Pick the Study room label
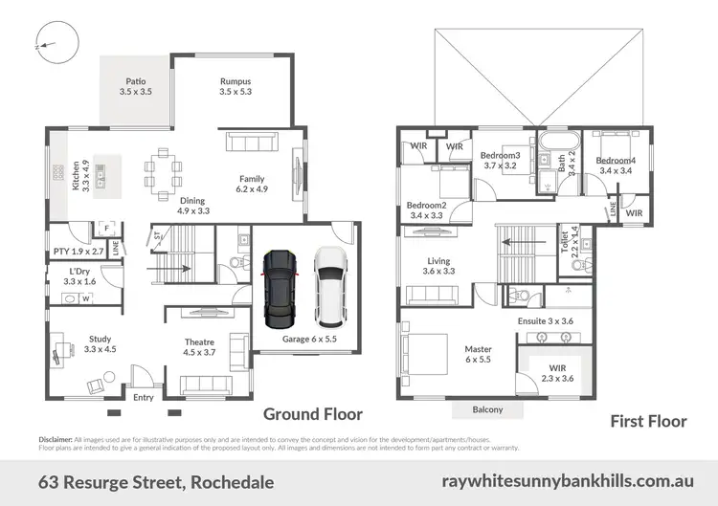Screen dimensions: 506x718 pyautogui.click(x=100, y=343)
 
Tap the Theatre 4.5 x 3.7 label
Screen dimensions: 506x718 pyautogui.click(x=199, y=347)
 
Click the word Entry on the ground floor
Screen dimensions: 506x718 pyautogui.click(x=144, y=397)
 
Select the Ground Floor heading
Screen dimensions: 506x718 pyautogui.click(x=313, y=414)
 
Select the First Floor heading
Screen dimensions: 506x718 pyautogui.click(x=648, y=421)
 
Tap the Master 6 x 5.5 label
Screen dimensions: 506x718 pyautogui.click(x=479, y=355)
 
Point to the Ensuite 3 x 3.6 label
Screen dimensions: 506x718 pyautogui.click(x=545, y=321)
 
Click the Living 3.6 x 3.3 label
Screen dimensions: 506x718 pyautogui.click(x=438, y=265)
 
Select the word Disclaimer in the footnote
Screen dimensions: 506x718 pyautogui.click(x=56, y=438)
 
